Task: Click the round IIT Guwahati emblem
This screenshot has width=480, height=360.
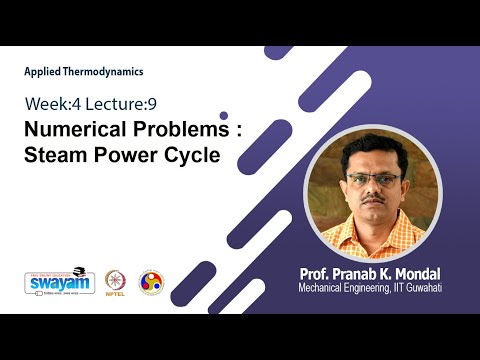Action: (x=151, y=281)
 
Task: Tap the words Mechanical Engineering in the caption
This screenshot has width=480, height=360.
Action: (x=340, y=289)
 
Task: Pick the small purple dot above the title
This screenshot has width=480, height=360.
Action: (x=223, y=115)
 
